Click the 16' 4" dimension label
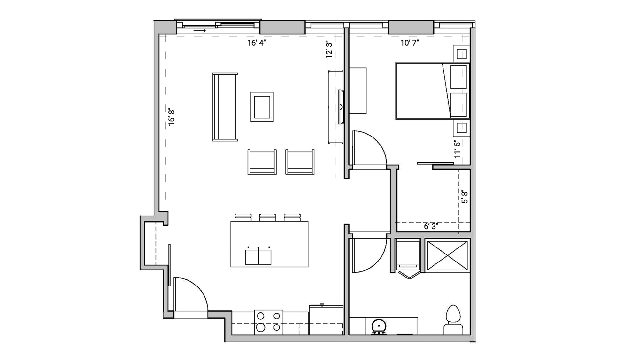[256, 43]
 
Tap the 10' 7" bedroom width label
[410, 43]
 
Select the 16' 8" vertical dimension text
[172, 117]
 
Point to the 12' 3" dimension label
[329, 49]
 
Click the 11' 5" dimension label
[458, 149]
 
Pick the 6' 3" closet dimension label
[431, 226]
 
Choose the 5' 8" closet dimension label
[464, 197]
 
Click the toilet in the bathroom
[453, 320]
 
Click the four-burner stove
[269, 322]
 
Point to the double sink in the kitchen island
[258, 257]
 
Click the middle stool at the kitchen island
[267, 217]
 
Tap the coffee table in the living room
[262, 107]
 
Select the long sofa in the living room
[225, 107]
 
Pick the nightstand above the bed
[461, 54]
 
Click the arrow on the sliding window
[200, 31]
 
